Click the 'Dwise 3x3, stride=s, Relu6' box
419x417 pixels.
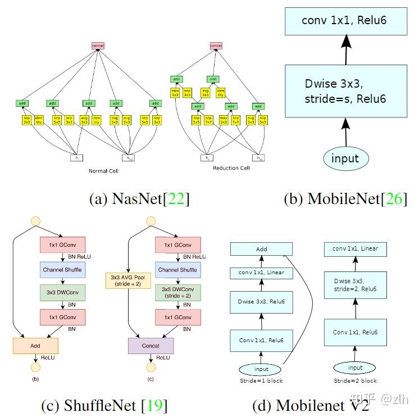pos(345,91)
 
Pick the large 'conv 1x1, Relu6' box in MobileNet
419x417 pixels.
pos(345,21)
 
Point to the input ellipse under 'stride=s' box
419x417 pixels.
pos(345,158)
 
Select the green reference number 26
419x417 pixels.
pos(394,199)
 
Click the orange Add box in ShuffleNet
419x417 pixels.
pos(35,345)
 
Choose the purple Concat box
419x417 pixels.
pos(151,345)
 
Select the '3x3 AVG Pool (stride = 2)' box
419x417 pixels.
pos(129,280)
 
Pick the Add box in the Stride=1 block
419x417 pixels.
pos(261,249)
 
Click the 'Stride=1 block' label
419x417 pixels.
pos(261,381)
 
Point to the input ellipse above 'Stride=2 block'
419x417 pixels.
pos(355,368)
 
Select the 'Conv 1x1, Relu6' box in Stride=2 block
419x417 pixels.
pos(355,332)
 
